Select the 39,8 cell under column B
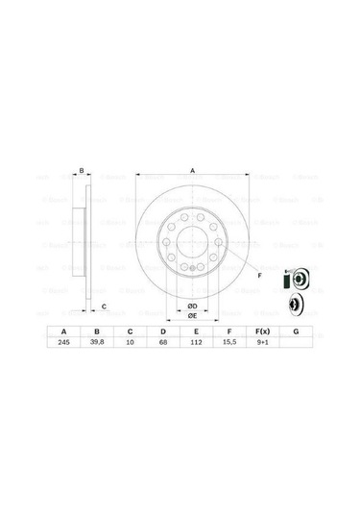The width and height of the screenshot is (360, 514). (x=96, y=342)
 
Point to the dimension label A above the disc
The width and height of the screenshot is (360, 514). (x=192, y=170)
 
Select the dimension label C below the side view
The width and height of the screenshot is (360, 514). (x=104, y=306)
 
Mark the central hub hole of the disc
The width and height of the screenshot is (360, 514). (x=192, y=246)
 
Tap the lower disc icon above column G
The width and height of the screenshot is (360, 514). (x=296, y=305)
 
